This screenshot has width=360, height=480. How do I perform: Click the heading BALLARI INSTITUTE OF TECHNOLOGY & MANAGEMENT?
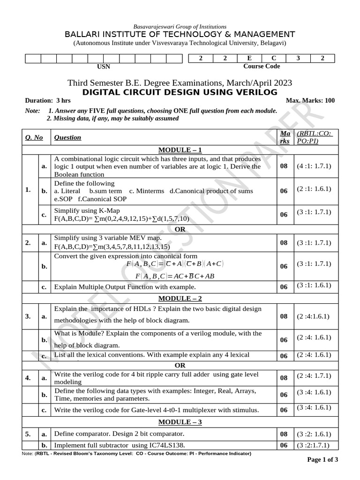180,35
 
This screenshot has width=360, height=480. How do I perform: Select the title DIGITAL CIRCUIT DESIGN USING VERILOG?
180,92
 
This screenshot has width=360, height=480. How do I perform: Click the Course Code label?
261,67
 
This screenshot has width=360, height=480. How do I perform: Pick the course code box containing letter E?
249,58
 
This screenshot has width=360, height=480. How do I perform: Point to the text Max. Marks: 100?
310,101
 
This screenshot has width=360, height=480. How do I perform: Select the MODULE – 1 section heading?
180,150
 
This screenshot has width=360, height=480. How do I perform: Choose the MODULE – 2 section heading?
180,298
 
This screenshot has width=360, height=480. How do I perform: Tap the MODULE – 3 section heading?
180,422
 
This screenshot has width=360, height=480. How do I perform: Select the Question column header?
67,137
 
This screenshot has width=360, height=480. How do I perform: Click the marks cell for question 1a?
284,166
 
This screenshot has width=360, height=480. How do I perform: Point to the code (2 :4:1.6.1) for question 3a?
313,316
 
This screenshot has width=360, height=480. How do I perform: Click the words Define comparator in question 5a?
79,434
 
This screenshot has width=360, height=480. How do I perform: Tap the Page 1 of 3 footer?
322,459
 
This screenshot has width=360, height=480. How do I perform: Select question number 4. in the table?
28,377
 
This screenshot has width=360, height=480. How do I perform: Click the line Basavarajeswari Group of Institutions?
180,27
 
